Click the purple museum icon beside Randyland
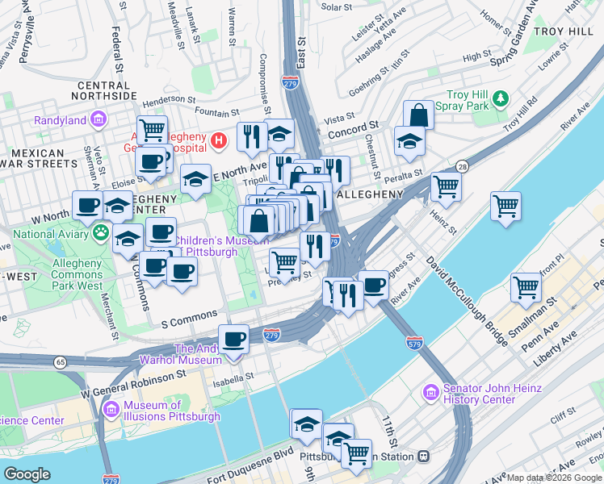coord(99,120)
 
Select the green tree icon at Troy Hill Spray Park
coord(501,98)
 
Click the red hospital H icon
coord(217,142)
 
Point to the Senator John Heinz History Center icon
coord(430,394)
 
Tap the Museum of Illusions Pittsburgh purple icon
coord(109,411)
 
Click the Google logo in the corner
coord(27,474)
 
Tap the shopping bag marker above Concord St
coord(418,115)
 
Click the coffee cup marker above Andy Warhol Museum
coord(233,339)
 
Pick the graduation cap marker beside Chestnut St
coord(409,141)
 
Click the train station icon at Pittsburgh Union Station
coord(422,456)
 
